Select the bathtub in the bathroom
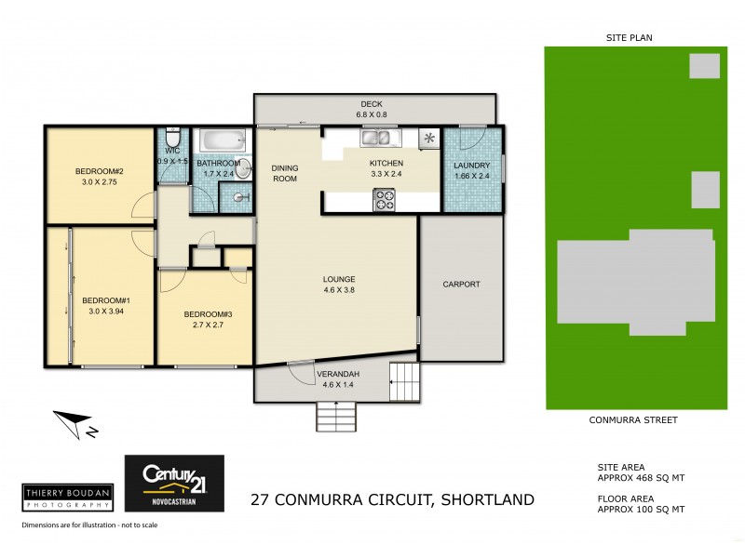[224, 142]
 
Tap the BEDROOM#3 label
[209, 314]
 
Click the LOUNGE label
[339, 279]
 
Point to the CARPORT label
[461, 285]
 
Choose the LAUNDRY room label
[471, 166]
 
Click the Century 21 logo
[174, 481]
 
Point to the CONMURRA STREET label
[633, 420]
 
